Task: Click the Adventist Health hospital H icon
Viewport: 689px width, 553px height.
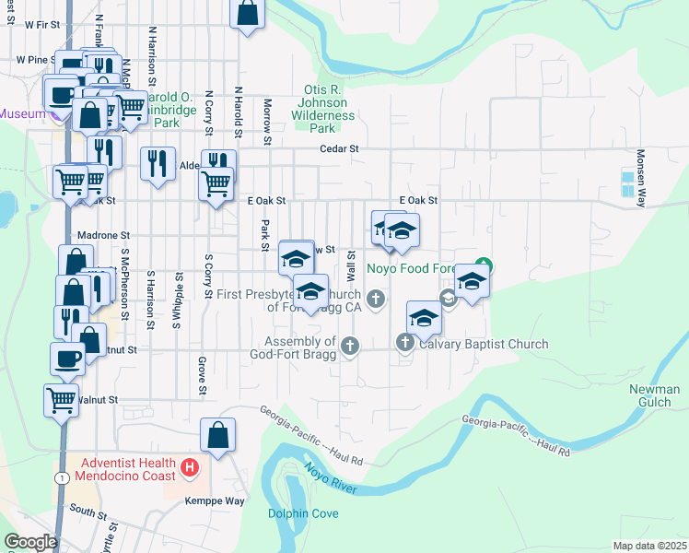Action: [190, 468]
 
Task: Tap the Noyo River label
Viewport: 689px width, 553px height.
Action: [331, 477]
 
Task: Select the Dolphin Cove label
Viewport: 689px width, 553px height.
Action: [303, 513]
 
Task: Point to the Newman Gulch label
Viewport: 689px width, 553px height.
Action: [654, 395]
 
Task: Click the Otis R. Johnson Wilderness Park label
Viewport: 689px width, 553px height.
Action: [322, 102]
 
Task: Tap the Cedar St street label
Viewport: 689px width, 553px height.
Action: [338, 148]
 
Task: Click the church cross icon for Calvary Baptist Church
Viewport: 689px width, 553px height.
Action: [405, 344]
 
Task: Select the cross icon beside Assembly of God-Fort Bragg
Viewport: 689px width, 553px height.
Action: [349, 347]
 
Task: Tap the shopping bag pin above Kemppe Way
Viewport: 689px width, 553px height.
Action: [216, 436]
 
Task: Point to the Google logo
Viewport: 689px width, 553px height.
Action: [31, 542]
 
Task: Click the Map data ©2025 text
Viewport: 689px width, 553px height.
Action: [650, 546]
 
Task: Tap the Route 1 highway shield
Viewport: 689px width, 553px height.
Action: [62, 477]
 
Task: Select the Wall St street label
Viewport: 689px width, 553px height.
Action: [351, 265]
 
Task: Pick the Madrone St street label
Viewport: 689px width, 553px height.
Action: [104, 235]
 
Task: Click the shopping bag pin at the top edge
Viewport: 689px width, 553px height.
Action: [247, 13]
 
